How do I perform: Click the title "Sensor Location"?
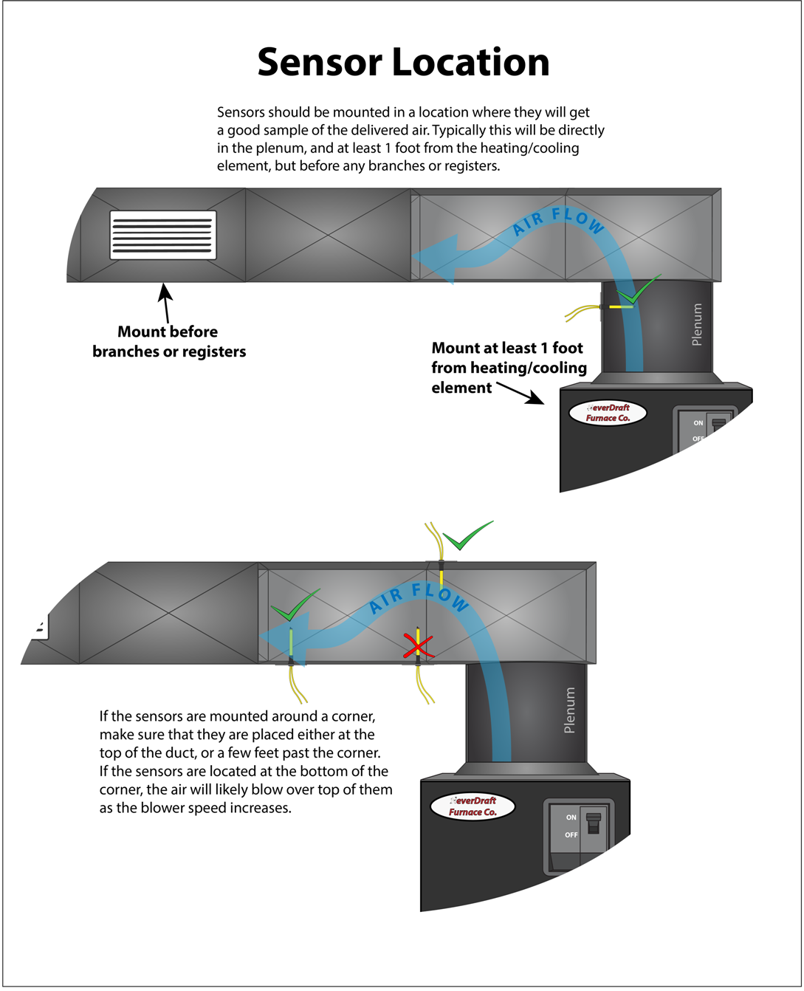(403, 62)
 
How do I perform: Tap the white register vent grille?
(163, 235)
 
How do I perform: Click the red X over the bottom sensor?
(418, 647)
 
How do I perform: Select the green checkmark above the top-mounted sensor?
(466, 536)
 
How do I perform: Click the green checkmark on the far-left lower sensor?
(295, 606)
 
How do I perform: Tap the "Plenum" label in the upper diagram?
(696, 324)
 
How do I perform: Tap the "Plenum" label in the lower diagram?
(569, 710)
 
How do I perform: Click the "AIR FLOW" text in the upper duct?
(559, 221)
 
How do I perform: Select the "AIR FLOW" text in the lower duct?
(419, 597)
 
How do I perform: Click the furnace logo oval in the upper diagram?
(608, 413)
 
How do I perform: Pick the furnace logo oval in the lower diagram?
(473, 806)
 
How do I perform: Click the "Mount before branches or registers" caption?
(168, 341)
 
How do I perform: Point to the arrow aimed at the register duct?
(166, 302)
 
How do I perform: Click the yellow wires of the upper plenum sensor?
(581, 313)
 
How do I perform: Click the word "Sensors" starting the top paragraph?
(241, 112)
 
